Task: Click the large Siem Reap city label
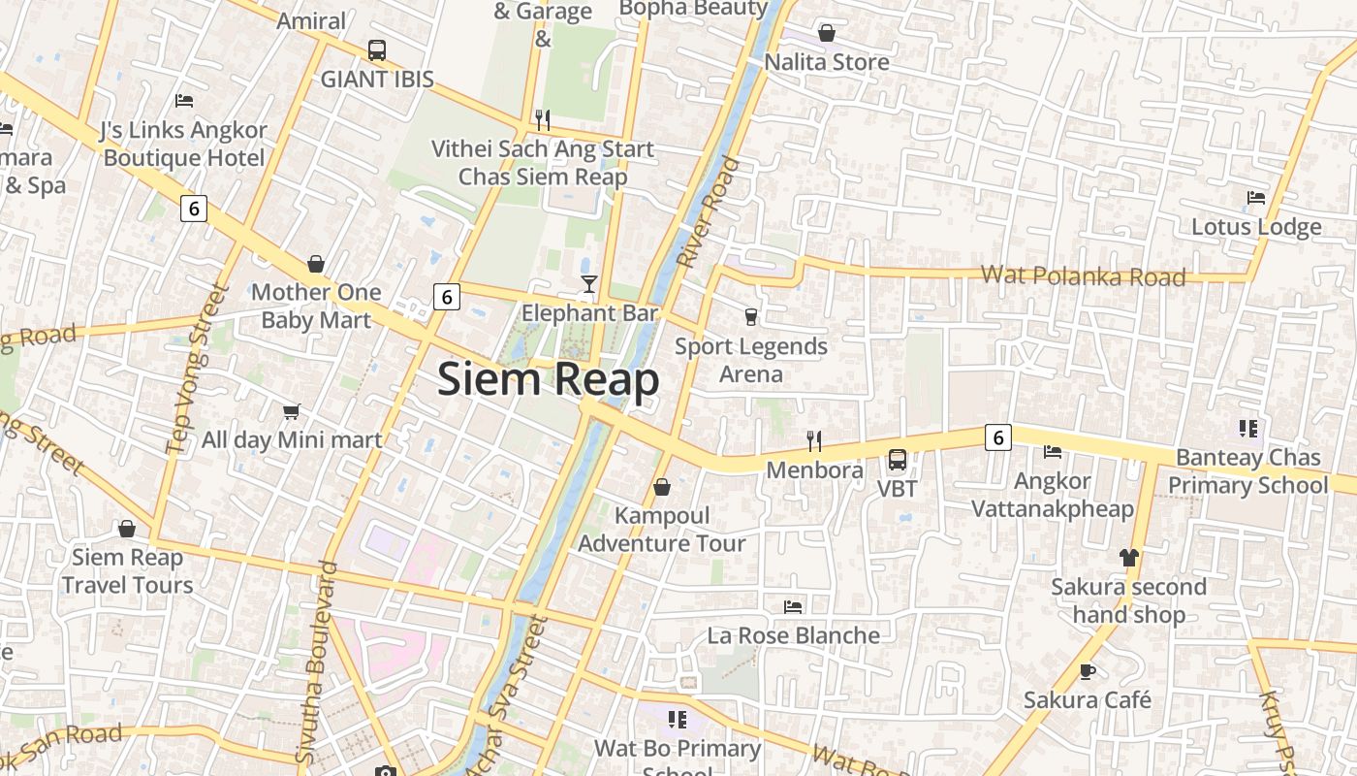(x=548, y=378)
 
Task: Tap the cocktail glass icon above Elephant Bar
(x=588, y=283)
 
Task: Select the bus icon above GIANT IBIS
(x=377, y=50)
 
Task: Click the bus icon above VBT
(x=898, y=460)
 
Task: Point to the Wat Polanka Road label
(x=1083, y=275)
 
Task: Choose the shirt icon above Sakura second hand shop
(x=1128, y=558)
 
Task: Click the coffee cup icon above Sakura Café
(x=1088, y=671)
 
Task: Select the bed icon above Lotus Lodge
(x=1256, y=198)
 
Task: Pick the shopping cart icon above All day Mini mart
(x=291, y=411)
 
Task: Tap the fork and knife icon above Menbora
(x=814, y=441)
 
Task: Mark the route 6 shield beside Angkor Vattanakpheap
(x=997, y=437)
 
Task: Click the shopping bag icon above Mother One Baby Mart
(x=316, y=264)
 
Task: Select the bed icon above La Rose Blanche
(x=793, y=607)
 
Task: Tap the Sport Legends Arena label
(x=751, y=360)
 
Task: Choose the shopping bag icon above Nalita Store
(x=827, y=34)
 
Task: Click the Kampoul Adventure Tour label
(x=662, y=530)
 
